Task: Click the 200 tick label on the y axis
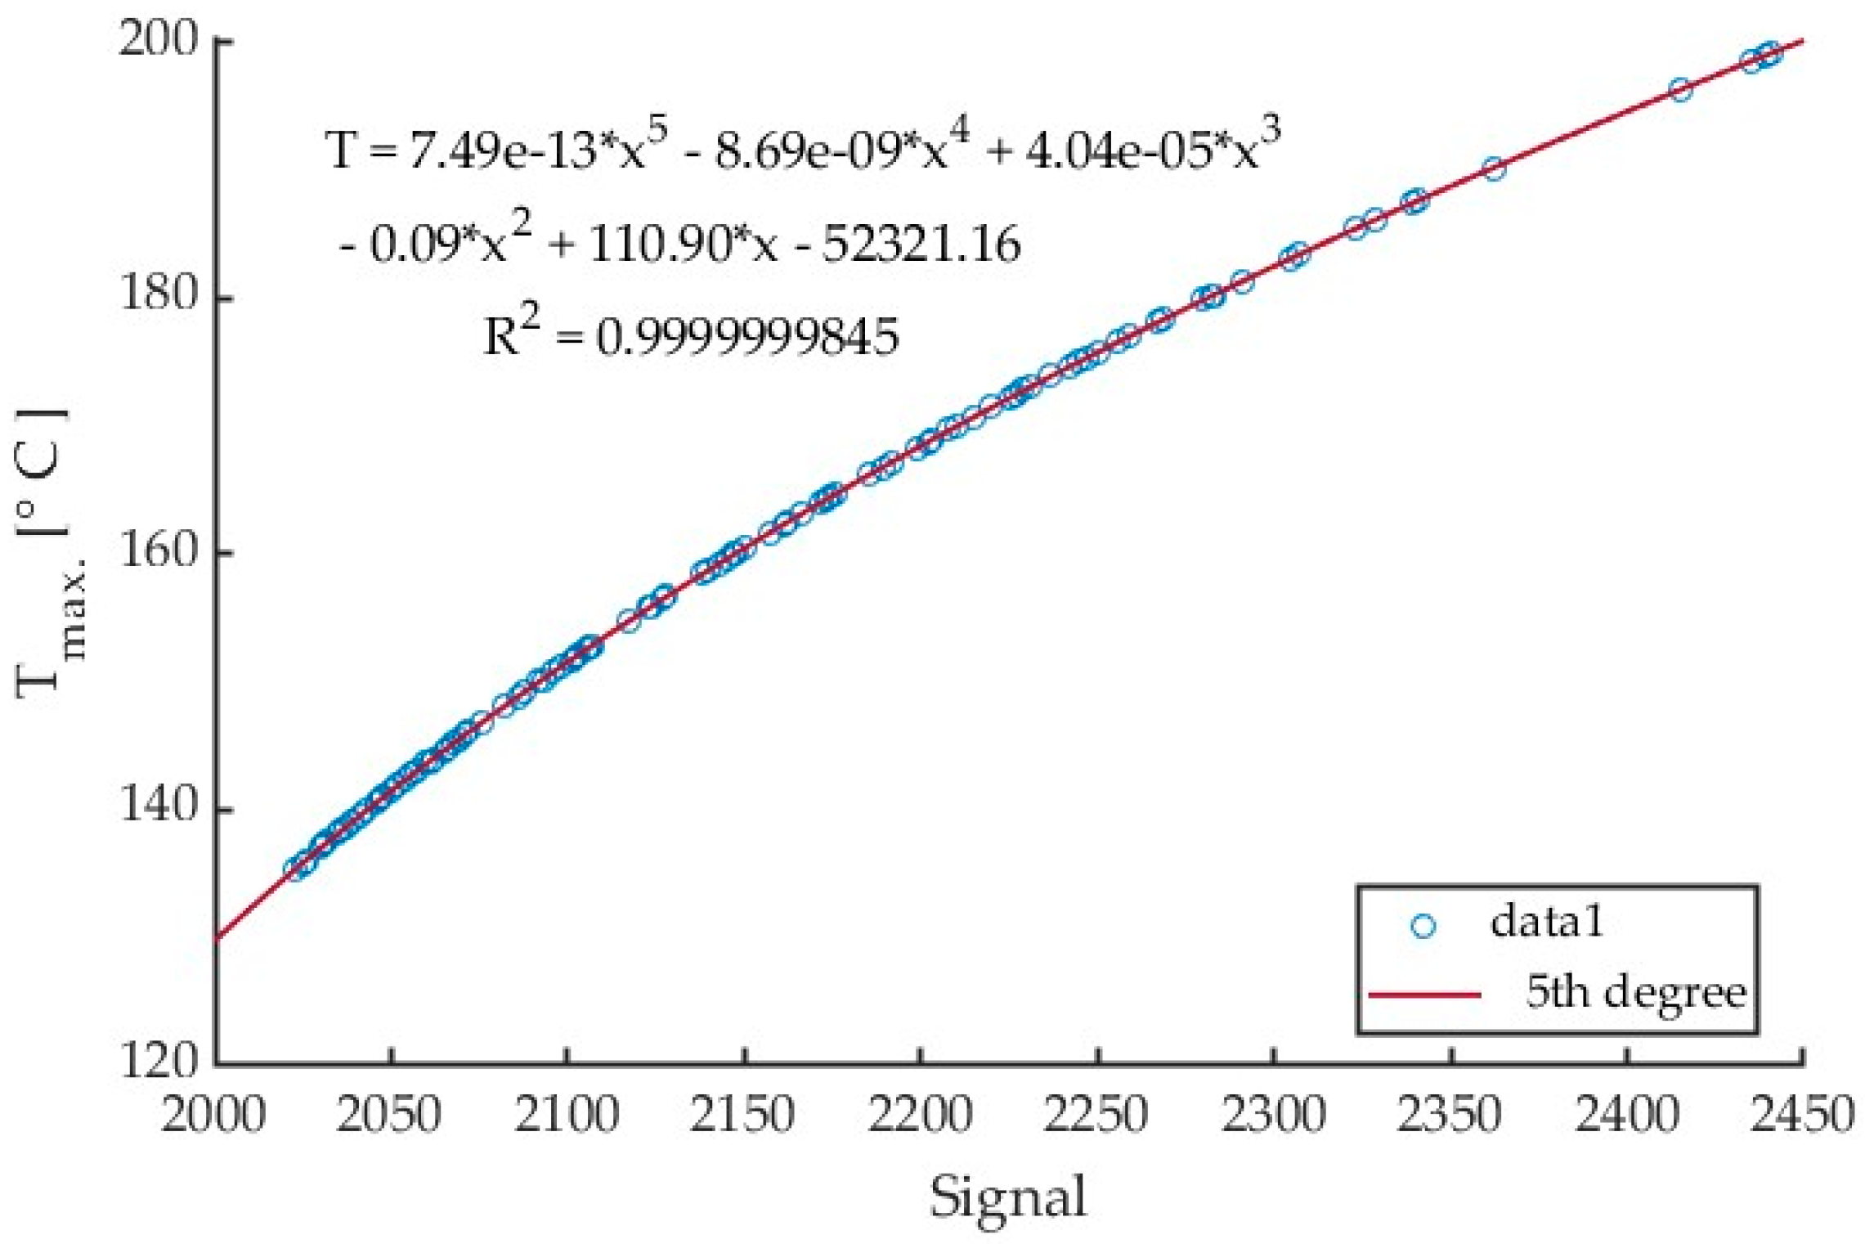click(159, 39)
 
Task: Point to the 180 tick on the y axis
click(159, 295)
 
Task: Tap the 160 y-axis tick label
click(159, 551)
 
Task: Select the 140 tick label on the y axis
click(159, 807)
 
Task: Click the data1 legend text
click(1546, 923)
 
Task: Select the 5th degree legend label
click(1636, 993)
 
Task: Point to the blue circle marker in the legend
click(1423, 926)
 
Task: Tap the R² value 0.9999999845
click(746, 337)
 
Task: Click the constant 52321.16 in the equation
click(921, 245)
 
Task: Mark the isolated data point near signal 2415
click(1679, 90)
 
